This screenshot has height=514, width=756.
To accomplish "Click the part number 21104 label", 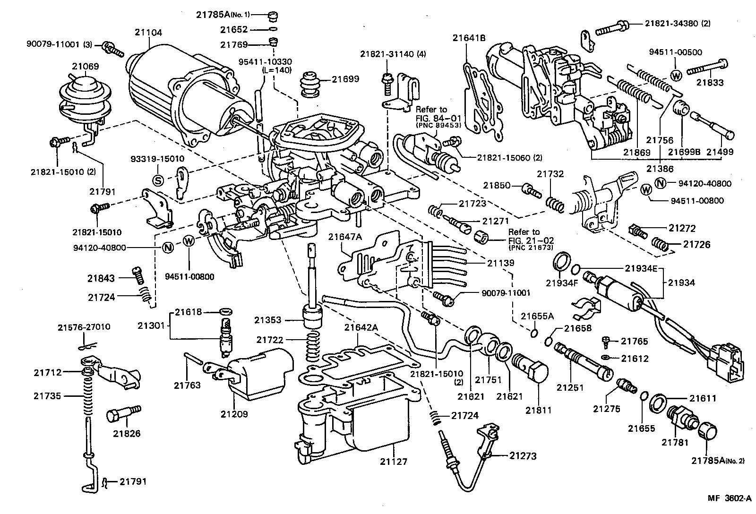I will click(148, 32).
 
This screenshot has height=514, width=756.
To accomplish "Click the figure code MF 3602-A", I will click(729, 498).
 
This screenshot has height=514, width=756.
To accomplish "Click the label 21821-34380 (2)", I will click(678, 23).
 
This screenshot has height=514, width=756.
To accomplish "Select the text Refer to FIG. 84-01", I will click(431, 113).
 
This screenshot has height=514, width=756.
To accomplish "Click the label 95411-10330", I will click(271, 61).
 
